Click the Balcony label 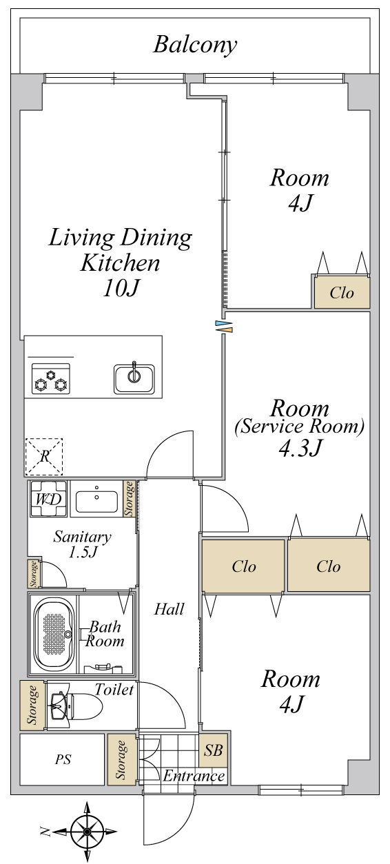pyautogui.click(x=195, y=45)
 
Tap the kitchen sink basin pyautogui.click(x=134, y=379)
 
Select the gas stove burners pyautogui.click(x=50, y=378)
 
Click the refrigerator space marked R pyautogui.click(x=44, y=457)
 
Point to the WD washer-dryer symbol pyautogui.click(x=49, y=499)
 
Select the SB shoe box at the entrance pyautogui.click(x=214, y=750)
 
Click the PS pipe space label pyautogui.click(x=63, y=759)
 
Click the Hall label pyautogui.click(x=169, y=609)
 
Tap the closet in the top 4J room pyautogui.click(x=342, y=292)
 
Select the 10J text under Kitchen pyautogui.click(x=121, y=287)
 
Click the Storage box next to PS pyautogui.click(x=122, y=759)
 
